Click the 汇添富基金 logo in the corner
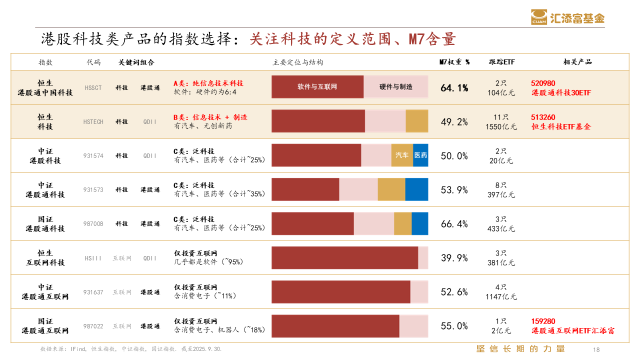point(567,17)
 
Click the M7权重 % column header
point(454,62)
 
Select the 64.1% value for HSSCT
point(454,88)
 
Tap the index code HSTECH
point(93,121)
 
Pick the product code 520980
point(543,83)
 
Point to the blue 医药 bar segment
point(420,155)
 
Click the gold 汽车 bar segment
point(402,155)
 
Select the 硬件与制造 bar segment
point(395,87)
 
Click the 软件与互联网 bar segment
point(317,87)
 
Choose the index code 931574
point(93,155)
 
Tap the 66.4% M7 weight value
point(454,224)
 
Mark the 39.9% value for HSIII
point(454,258)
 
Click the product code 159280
point(543,321)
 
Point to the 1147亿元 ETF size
point(501,297)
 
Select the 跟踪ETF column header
point(501,62)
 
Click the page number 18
point(595,349)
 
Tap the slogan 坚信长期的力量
point(520,349)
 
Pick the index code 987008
point(93,224)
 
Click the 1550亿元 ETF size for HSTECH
point(501,127)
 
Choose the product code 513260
point(543,117)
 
